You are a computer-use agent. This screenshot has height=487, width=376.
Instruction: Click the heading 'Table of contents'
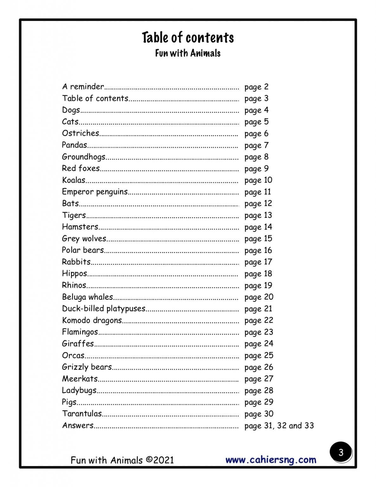188,37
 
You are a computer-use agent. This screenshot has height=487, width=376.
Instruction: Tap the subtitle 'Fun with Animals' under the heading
188,53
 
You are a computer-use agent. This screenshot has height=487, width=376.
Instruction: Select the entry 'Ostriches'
80,133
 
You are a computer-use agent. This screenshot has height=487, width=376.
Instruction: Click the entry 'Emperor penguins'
95,192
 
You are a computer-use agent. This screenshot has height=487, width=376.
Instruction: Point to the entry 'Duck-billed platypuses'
104,308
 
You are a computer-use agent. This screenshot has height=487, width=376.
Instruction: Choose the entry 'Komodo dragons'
92,320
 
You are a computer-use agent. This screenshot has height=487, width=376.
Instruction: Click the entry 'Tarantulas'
82,413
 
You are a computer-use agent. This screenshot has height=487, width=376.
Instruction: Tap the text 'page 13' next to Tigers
258,215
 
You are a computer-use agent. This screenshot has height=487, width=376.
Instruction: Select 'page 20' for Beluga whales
258,297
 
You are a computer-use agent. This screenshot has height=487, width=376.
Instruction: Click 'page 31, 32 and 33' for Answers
279,425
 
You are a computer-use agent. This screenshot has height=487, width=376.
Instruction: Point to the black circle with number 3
341,452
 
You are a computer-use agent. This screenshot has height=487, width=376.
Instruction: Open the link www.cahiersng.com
271,460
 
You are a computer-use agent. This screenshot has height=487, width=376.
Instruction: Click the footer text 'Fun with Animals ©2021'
122,460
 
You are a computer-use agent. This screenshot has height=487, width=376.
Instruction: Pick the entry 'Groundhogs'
84,157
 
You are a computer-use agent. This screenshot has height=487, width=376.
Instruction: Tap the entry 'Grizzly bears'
87,367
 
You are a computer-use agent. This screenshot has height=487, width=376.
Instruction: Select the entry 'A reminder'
83,87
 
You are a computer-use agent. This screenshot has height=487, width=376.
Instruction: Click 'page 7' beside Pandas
256,145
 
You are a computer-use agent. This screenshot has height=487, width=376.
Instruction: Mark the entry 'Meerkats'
80,379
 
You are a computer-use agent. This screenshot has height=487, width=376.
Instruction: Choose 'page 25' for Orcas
258,355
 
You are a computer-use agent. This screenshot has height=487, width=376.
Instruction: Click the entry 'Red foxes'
81,168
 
